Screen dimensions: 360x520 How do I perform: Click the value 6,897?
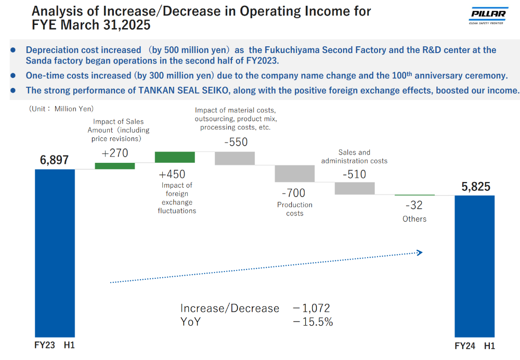[54, 160]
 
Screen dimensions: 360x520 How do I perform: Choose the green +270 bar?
[114, 166]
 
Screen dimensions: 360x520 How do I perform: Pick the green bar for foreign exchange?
[175, 157]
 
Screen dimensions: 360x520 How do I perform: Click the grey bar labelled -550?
[235, 158]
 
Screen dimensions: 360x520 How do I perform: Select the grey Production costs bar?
[294, 173]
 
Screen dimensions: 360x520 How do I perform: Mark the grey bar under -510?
[355, 188]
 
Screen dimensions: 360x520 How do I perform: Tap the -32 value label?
[414, 205]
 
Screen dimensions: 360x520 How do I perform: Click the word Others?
[414, 219]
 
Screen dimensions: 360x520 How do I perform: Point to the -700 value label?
[294, 192]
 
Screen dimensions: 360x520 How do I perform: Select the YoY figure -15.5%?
[313, 322]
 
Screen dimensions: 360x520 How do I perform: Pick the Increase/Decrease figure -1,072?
[311, 308]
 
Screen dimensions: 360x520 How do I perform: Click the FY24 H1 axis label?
[475, 346]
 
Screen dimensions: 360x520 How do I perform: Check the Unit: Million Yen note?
[61, 109]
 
